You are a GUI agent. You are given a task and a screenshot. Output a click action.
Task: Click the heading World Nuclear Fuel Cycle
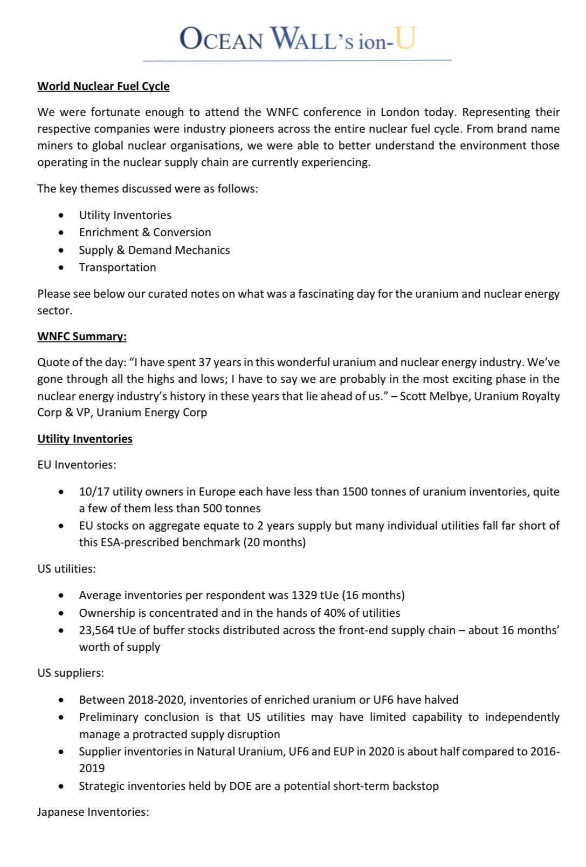coord(104,86)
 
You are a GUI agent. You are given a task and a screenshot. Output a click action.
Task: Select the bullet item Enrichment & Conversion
coord(145,232)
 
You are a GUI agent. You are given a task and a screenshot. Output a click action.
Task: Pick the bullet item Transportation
coord(118,267)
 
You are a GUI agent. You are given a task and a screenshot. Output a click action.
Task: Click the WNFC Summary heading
coord(82,336)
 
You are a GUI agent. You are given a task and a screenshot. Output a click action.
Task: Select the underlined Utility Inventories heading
coord(85,439)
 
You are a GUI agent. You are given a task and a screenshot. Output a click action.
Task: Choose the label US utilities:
coord(66,569)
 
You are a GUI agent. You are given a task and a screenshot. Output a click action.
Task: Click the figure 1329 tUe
coord(314,595)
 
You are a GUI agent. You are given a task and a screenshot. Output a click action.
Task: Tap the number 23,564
coord(96,630)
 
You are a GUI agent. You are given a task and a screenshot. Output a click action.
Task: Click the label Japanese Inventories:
coord(93,812)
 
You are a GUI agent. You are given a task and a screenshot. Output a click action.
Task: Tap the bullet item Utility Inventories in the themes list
coord(125,215)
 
